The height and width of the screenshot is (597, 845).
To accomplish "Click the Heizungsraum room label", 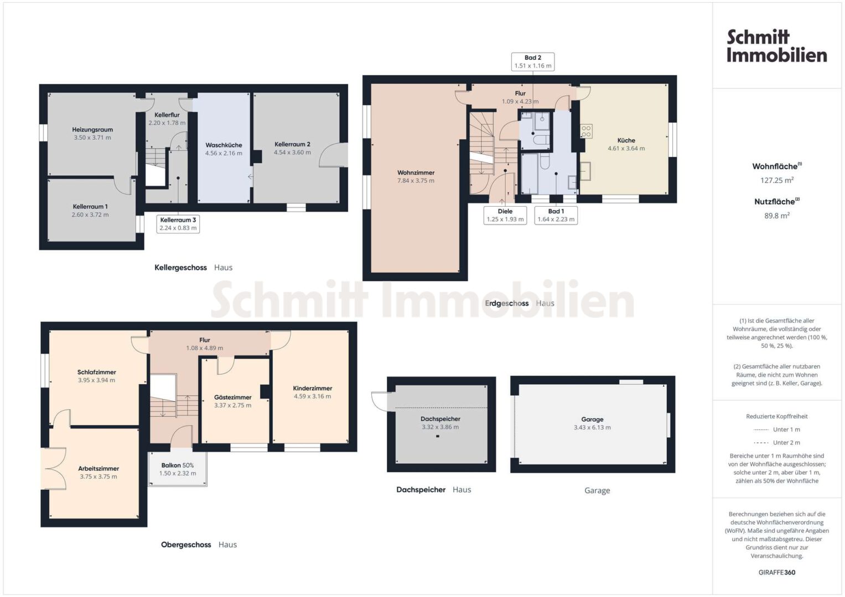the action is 92,130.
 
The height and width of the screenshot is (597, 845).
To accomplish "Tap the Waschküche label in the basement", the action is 224,145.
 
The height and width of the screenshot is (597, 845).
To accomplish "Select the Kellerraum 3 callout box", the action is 178,224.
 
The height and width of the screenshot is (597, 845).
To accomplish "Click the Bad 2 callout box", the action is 533,61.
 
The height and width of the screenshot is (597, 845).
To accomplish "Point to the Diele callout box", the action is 505,215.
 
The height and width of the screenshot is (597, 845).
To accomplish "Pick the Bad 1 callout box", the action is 556,215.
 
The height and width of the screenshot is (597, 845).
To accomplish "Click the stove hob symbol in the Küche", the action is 586,131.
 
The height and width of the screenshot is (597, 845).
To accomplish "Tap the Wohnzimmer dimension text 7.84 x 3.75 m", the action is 416,181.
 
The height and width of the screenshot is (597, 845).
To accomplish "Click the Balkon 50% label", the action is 177,465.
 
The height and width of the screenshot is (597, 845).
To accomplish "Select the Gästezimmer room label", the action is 233,397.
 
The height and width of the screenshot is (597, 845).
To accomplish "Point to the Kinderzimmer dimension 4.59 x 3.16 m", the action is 312,396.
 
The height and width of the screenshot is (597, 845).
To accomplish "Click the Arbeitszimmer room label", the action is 99,469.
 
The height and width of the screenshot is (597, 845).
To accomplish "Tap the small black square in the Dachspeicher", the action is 438,436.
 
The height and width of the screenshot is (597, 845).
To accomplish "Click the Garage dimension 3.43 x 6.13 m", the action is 592,427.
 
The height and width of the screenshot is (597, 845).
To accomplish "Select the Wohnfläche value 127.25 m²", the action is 777,180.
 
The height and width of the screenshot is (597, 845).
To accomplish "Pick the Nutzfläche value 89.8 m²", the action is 777,216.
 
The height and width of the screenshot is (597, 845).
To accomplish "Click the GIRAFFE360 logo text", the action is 777,572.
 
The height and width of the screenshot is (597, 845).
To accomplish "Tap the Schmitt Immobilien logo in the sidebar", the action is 777,46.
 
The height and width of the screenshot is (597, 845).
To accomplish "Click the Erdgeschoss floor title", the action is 507,303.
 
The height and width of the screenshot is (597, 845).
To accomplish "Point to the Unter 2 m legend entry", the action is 777,442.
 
